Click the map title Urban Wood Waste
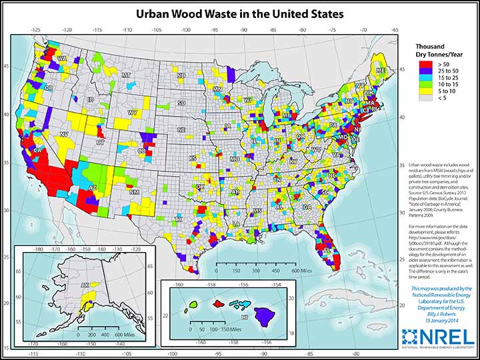(x=239, y=13)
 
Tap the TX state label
(x=178, y=218)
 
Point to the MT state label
(x=125, y=75)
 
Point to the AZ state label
(x=93, y=187)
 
